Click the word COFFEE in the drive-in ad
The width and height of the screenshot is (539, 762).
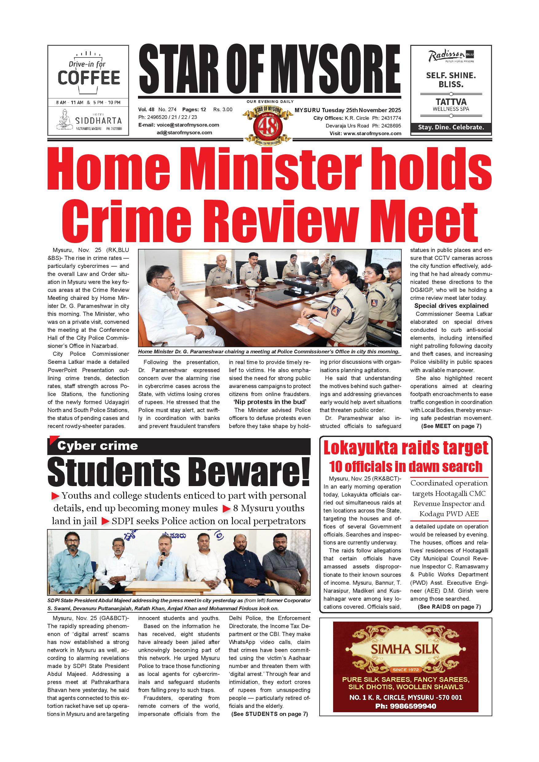click(89, 78)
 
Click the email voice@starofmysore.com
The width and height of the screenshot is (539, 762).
click(188, 125)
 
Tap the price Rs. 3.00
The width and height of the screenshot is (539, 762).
click(223, 109)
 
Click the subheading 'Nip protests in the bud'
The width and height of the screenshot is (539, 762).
click(269, 402)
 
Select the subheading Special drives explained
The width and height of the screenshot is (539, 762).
click(451, 306)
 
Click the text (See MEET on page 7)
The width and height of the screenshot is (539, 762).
click(451, 426)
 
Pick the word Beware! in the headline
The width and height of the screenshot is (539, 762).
click(250, 471)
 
